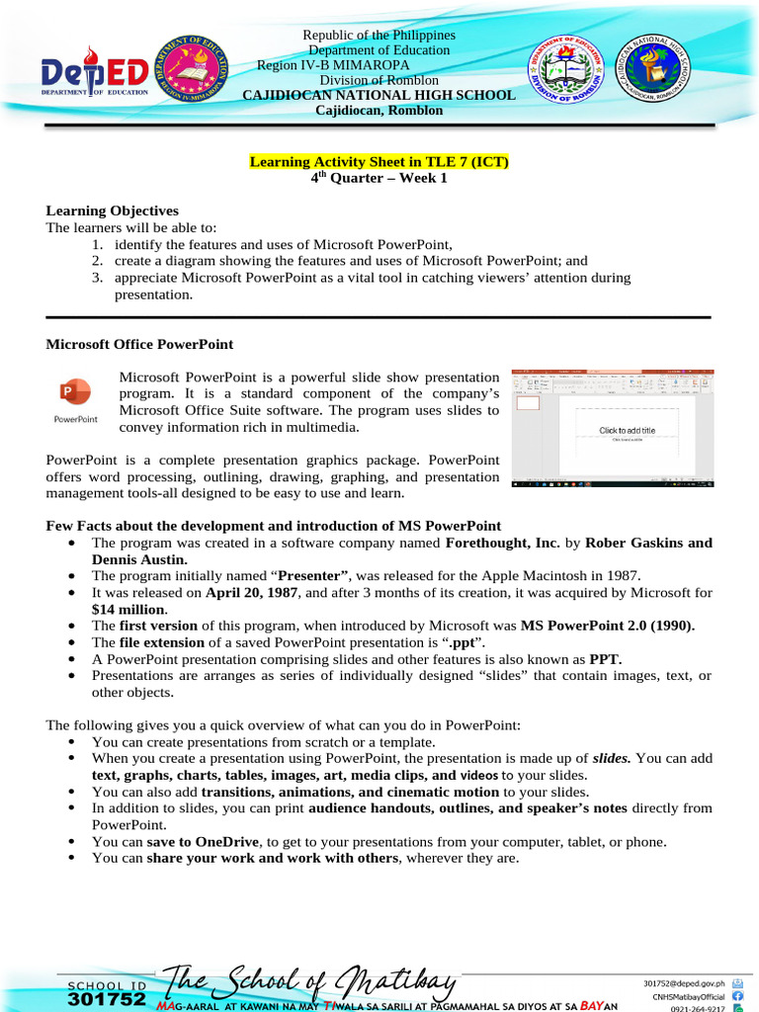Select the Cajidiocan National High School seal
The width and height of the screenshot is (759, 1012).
click(x=655, y=72)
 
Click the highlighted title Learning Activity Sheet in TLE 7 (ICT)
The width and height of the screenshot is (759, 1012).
click(x=379, y=162)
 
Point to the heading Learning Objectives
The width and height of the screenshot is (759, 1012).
click(x=113, y=211)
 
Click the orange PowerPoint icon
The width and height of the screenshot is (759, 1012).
click(x=75, y=391)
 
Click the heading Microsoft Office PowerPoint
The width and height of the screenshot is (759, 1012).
click(x=139, y=344)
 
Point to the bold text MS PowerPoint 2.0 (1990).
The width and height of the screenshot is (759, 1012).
click(x=607, y=626)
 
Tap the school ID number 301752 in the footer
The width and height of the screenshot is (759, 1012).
click(x=108, y=1000)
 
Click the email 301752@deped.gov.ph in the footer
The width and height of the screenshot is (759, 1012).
click(x=684, y=983)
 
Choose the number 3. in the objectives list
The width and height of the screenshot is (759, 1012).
click(x=98, y=278)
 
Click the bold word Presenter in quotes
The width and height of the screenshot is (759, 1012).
click(x=313, y=576)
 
